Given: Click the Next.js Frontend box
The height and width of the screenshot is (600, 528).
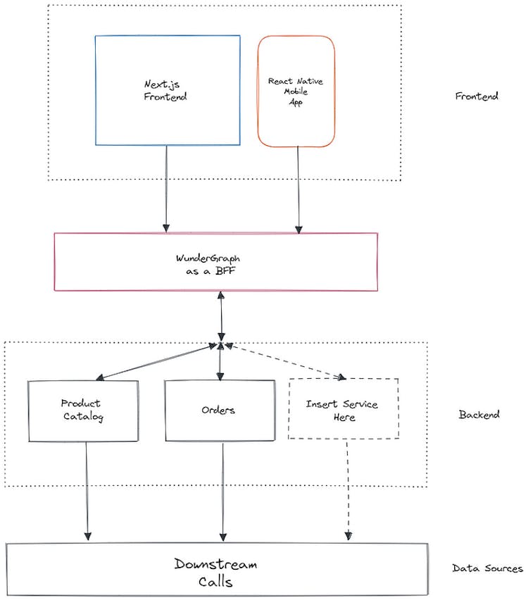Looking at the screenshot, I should pyautogui.click(x=167, y=90).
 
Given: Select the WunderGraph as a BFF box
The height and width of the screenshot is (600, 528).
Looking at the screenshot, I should pyautogui.click(x=215, y=261).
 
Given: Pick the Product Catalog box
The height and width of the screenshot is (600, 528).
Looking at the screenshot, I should pyautogui.click(x=83, y=411).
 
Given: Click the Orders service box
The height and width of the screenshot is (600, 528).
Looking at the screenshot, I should pyautogui.click(x=220, y=411).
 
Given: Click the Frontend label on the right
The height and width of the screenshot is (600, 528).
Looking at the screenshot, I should pyautogui.click(x=477, y=96).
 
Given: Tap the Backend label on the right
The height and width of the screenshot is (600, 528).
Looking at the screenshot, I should pyautogui.click(x=479, y=415).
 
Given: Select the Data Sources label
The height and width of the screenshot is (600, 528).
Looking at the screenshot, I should pyautogui.click(x=487, y=568).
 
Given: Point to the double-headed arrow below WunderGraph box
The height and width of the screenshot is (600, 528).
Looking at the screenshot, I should pyautogui.click(x=222, y=317).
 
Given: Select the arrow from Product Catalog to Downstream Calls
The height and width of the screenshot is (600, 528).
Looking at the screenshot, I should pyautogui.click(x=87, y=490).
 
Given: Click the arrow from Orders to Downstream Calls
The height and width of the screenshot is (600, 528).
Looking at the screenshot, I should pyautogui.click(x=224, y=490).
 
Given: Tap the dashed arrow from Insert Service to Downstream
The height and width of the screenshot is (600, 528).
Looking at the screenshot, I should pyautogui.click(x=348, y=490).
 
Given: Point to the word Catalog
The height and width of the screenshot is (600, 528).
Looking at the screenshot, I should pyautogui.click(x=81, y=417).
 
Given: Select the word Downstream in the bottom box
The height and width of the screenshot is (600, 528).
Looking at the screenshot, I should pyautogui.click(x=216, y=564).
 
